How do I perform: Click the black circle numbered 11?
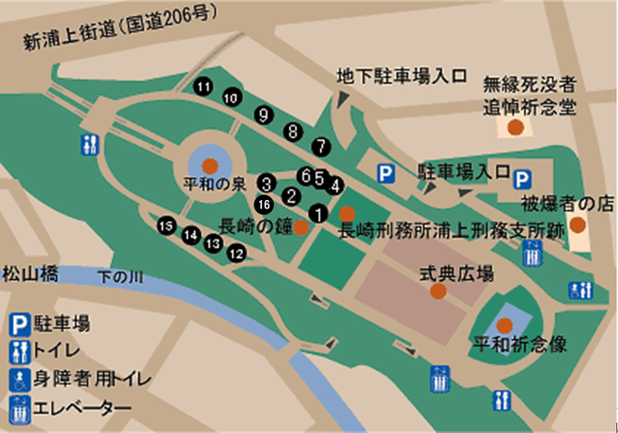point(203,87)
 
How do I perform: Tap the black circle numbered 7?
point(320,145)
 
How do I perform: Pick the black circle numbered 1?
point(318,213)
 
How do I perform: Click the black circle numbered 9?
point(265,114)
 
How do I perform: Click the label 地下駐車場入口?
point(403,76)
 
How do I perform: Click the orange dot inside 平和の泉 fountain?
point(209,166)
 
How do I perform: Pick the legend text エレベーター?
point(81,406)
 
